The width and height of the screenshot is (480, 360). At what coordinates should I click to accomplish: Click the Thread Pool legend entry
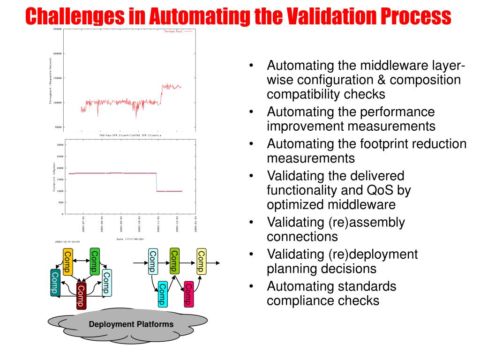coord(173,31)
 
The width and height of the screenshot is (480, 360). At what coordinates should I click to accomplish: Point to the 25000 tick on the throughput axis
coord(57,29)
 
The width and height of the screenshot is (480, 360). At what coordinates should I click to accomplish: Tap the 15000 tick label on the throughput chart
coord(57,78)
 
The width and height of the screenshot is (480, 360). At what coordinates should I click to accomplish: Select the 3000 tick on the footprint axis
coord(60,145)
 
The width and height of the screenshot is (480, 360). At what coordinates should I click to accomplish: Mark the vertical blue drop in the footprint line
coord(156,182)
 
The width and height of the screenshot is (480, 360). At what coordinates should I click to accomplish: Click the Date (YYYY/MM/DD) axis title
coord(130,239)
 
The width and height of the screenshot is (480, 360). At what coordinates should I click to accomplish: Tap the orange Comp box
coord(67,262)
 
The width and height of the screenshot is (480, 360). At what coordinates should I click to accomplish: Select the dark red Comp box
coord(81,296)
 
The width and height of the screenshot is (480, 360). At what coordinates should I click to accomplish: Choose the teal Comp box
coord(55,283)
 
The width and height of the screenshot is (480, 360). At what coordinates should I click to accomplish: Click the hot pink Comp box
coord(188,293)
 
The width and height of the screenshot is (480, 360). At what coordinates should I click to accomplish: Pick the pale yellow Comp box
coord(201,262)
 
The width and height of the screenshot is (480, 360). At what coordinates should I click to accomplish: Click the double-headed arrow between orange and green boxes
coord(81,261)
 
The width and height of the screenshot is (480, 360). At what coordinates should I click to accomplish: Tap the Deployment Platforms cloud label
coord(131,324)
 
